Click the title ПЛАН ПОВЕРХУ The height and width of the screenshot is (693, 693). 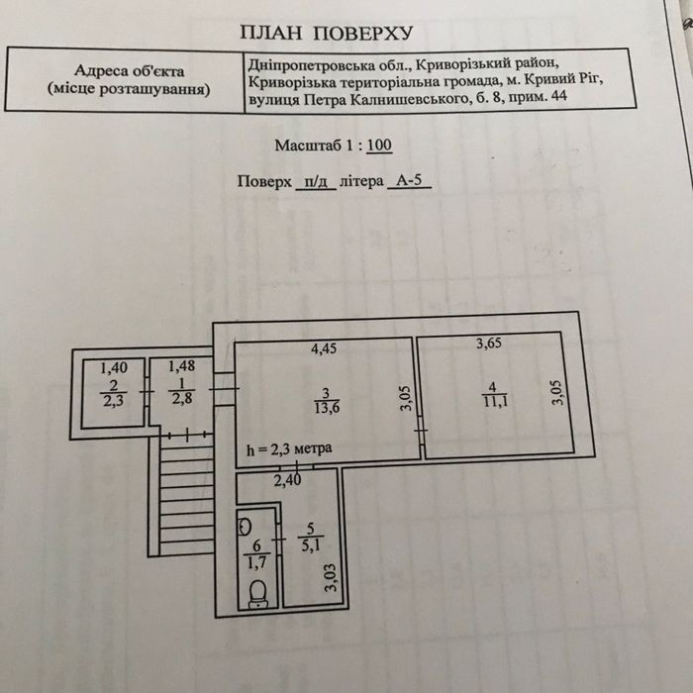(x=326, y=33)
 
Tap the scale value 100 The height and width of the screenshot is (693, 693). (x=379, y=145)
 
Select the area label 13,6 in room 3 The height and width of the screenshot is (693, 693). (x=327, y=408)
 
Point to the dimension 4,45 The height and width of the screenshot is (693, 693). (x=324, y=348)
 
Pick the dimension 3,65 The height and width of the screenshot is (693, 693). (x=488, y=343)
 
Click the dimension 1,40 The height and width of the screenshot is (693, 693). (x=114, y=367)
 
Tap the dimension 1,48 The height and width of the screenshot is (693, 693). (x=181, y=366)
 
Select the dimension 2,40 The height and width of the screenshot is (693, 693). (x=287, y=480)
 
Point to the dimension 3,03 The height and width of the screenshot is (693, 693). (x=331, y=577)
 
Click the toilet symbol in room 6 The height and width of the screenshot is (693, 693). (x=257, y=594)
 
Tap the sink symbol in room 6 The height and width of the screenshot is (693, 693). (x=245, y=527)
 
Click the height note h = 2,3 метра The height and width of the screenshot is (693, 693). (x=289, y=449)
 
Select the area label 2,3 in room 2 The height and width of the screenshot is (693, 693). (x=114, y=402)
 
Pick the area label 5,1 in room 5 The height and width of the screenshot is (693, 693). (x=311, y=546)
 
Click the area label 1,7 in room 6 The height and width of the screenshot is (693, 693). (x=256, y=563)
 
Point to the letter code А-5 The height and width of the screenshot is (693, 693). (x=409, y=180)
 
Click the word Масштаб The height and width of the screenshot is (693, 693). (x=309, y=146)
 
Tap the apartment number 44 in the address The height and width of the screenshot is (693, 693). (x=559, y=96)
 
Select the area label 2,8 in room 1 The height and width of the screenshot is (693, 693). (x=182, y=399)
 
